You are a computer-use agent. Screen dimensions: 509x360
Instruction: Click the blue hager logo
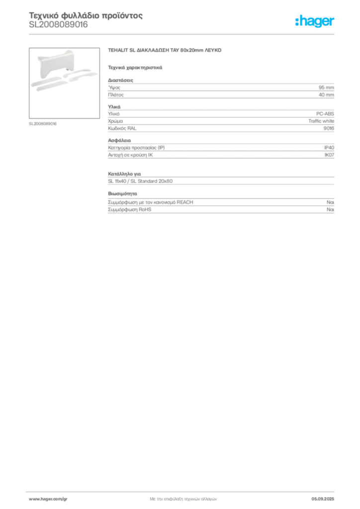click(x=315, y=22)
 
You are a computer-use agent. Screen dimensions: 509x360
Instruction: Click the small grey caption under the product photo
click(x=44, y=123)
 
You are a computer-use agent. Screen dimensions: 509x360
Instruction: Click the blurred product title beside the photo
click(x=165, y=51)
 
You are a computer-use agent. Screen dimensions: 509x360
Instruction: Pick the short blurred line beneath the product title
click(x=135, y=67)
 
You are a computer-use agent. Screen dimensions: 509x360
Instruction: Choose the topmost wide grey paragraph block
click(x=221, y=88)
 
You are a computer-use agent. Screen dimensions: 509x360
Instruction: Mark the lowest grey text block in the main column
click(x=221, y=204)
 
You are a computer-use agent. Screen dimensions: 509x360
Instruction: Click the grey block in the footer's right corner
click(x=326, y=496)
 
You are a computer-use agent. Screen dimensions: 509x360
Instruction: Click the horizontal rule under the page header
click(x=183, y=34)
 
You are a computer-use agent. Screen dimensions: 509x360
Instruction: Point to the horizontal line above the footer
click(x=183, y=490)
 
